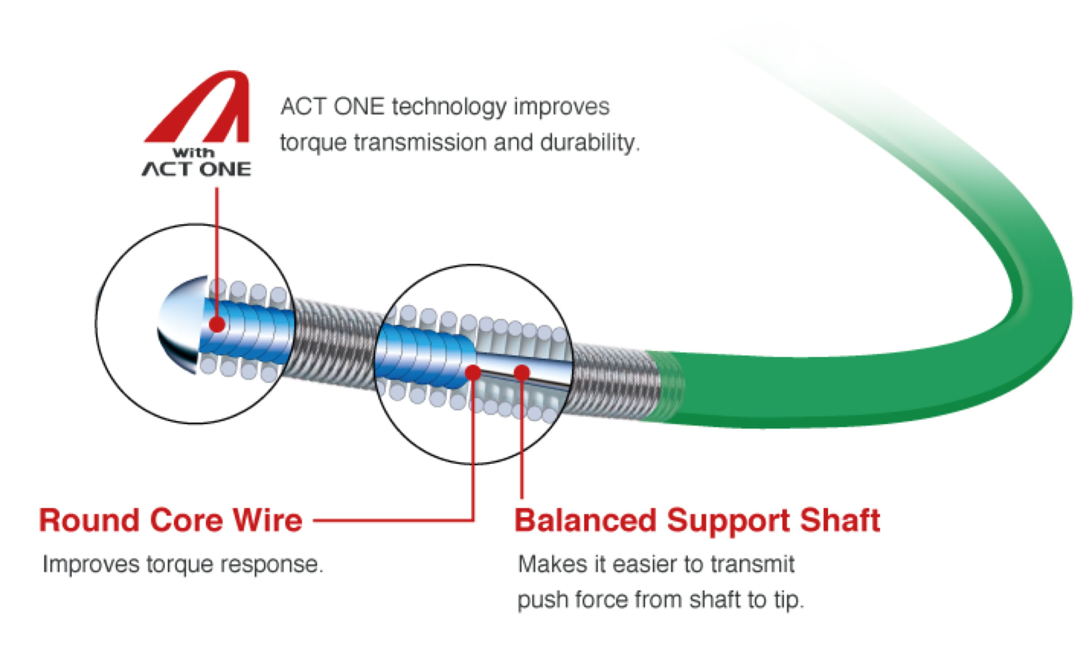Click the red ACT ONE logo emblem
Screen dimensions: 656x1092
tap(200, 108)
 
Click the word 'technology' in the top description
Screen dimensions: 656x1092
tap(449, 107)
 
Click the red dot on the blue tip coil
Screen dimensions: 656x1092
tap(217, 324)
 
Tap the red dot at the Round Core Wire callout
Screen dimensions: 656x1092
tap(473, 373)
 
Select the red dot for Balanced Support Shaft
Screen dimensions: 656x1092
tap(522, 372)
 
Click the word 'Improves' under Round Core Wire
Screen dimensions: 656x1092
tap(90, 564)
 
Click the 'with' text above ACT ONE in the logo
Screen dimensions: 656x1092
tap(193, 152)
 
